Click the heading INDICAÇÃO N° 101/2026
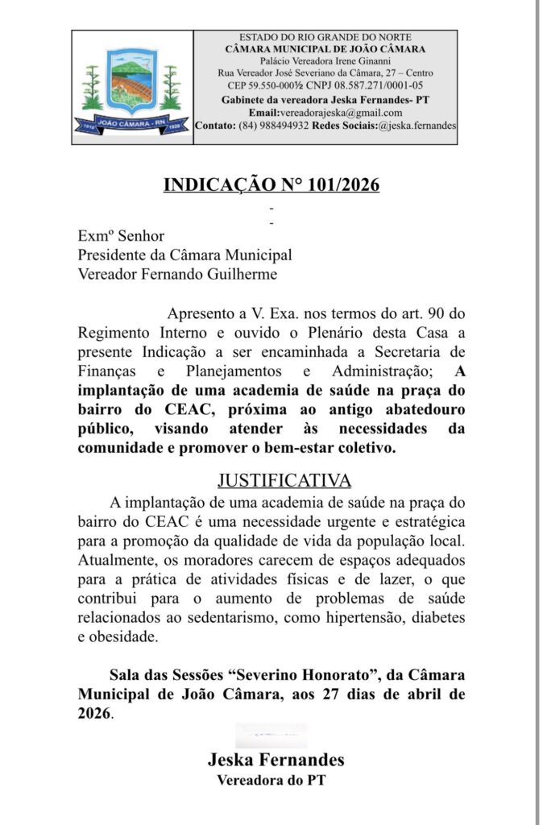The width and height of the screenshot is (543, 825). (271, 184)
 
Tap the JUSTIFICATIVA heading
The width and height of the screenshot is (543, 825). (284, 481)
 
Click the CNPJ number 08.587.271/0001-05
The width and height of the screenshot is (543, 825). (376, 85)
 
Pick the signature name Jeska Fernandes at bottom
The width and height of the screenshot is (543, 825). (276, 760)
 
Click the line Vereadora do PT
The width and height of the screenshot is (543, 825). (271, 780)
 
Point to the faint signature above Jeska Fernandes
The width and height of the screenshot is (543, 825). (271, 735)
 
